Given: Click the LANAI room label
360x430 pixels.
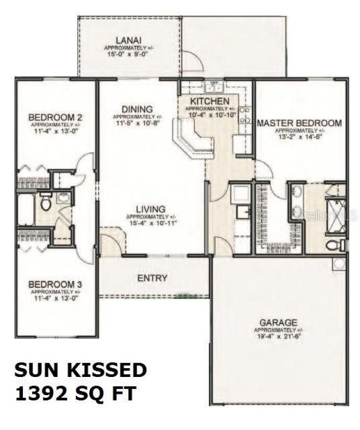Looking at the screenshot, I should (x=126, y=40).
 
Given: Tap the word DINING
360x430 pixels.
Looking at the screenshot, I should (x=137, y=109).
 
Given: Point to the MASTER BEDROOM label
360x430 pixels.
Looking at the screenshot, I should (x=299, y=123).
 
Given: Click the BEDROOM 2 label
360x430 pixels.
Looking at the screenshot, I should (x=55, y=118).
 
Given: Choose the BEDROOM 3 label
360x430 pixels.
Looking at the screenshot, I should (x=55, y=285).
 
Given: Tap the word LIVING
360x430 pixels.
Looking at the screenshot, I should (x=151, y=209).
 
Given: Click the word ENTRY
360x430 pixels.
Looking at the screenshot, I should (x=152, y=278).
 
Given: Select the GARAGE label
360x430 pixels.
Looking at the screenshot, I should (x=279, y=322).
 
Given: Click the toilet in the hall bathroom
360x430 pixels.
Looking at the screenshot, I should (x=46, y=201).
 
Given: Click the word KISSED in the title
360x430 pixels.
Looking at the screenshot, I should (x=109, y=370).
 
